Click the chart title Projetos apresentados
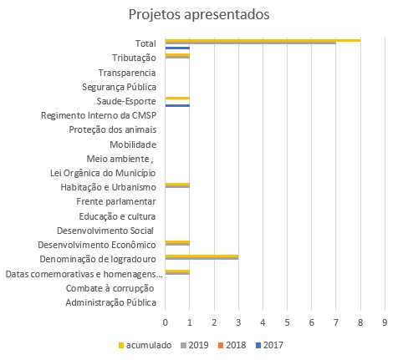(199, 15)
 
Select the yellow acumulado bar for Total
(263, 40)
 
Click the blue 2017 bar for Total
(177, 48)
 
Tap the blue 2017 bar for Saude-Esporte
(177, 105)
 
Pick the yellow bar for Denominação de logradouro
(202, 256)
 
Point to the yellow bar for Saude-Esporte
(177, 98)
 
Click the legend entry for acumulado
(145, 345)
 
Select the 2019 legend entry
(195, 345)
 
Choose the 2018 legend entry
(232, 345)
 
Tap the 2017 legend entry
(269, 345)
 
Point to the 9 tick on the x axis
(385, 322)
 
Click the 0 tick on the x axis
(166, 322)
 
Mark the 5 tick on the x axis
(287, 322)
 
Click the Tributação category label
(134, 58)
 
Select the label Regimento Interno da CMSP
(99, 115)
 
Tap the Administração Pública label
(111, 302)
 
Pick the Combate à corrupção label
(110, 288)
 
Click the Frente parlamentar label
(116, 201)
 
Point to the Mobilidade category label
(133, 145)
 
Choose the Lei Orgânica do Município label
(103, 173)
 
